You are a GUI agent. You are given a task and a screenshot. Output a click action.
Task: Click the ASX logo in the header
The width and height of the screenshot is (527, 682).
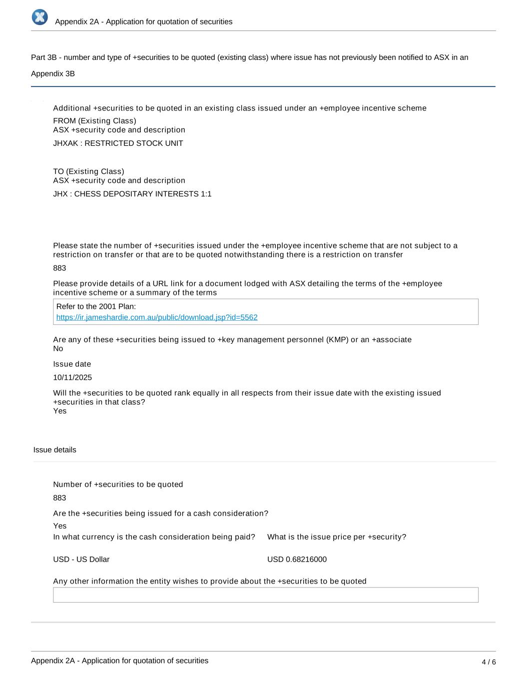pos(40,17)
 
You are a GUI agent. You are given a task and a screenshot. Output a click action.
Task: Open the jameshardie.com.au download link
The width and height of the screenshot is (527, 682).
pos(157,317)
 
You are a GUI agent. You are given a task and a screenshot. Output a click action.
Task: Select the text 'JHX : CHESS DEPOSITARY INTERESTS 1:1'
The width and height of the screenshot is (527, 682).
pos(132,194)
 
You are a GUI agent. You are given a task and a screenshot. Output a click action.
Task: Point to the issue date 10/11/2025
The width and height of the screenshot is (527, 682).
pos(72,378)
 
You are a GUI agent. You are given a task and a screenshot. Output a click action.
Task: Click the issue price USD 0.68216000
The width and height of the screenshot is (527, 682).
pos(297,560)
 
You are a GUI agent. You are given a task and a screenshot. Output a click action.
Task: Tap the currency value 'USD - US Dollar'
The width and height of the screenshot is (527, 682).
pos(81,560)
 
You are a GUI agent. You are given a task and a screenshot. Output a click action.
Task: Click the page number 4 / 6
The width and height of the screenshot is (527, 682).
pos(489,662)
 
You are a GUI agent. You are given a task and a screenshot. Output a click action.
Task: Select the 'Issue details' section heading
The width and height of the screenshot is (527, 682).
pos(55,450)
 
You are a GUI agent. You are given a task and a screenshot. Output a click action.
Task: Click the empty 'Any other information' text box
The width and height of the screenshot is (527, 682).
pos(265,595)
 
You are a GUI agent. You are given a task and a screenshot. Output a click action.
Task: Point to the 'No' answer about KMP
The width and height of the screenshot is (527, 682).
pos(58,349)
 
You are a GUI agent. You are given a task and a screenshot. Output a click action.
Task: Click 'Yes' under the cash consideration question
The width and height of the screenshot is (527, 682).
pos(60,526)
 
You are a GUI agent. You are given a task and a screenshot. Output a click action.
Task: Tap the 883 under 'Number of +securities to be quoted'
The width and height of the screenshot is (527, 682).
pos(59,498)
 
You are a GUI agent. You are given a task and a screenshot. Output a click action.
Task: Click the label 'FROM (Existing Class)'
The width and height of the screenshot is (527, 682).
pos(94,121)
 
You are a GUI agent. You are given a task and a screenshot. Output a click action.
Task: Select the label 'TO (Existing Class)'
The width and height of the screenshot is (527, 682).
pos(88,171)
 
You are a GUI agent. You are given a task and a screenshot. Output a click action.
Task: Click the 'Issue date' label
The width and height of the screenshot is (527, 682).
pos(72,364)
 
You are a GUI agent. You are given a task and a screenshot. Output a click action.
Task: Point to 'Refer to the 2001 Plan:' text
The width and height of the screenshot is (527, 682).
pos(96,307)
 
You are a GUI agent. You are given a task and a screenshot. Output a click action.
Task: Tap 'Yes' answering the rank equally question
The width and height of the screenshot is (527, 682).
pos(60,411)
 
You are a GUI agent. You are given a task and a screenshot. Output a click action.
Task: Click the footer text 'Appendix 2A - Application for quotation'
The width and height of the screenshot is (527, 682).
pos(119,661)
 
